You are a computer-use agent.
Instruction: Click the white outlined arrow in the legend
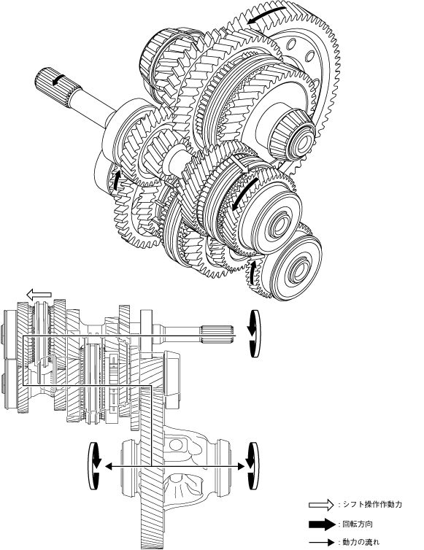[x=321, y=505]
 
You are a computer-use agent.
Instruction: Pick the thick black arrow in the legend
[x=322, y=524]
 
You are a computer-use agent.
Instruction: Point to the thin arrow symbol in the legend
[x=322, y=542]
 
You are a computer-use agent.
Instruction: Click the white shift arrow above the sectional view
[x=39, y=295]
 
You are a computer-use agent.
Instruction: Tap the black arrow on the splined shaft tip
[x=58, y=80]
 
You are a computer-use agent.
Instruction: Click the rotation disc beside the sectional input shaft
[x=253, y=333]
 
